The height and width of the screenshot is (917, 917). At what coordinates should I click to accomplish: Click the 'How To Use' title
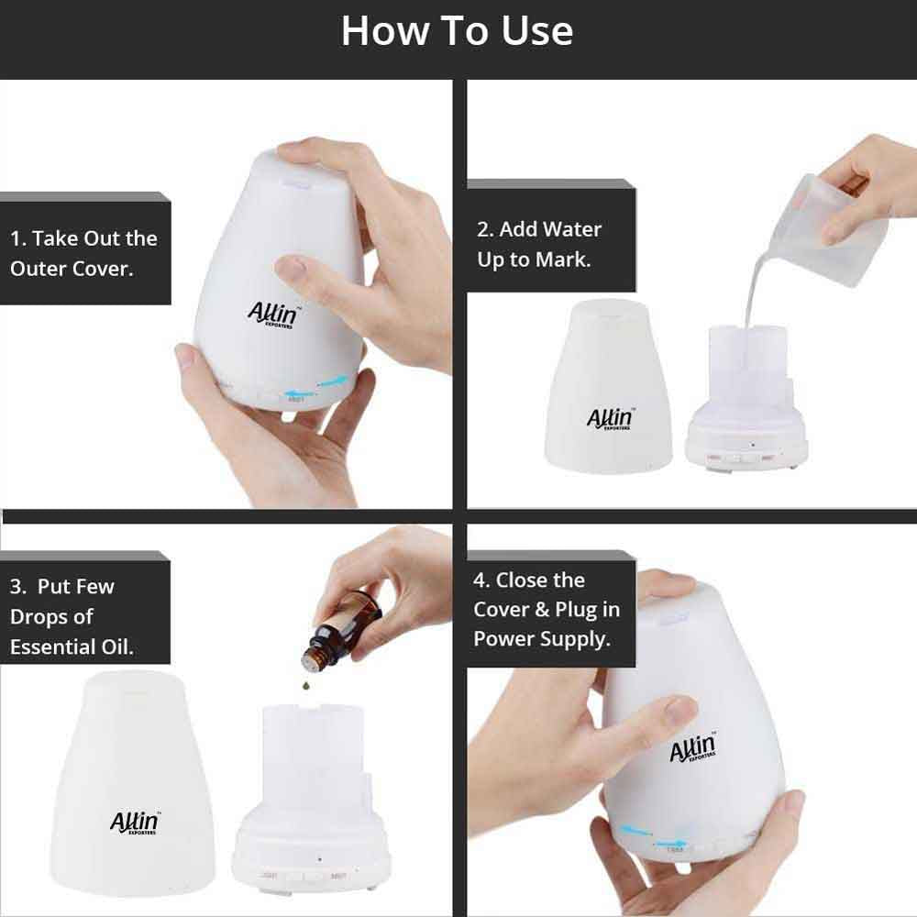(x=457, y=31)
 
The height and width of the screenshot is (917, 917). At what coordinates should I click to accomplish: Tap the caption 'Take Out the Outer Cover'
(x=83, y=253)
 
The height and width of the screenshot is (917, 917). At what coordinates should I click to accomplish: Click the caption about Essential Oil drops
(x=72, y=616)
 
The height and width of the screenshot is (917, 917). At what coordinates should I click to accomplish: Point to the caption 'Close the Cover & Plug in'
(x=547, y=609)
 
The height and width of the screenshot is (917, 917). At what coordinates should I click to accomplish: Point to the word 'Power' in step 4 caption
(x=503, y=638)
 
